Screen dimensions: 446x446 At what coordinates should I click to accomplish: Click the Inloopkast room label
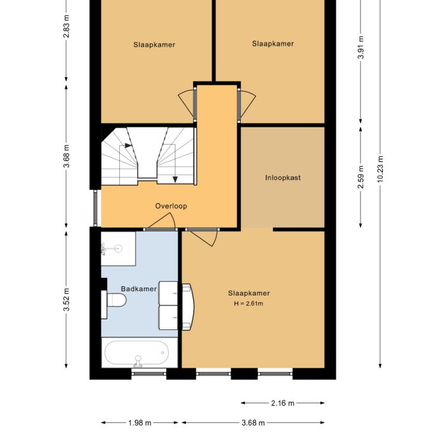pyautogui.click(x=283, y=178)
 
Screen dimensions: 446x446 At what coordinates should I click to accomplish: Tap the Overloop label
pyautogui.click(x=171, y=206)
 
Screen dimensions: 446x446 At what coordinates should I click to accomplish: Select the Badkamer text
pyautogui.click(x=139, y=289)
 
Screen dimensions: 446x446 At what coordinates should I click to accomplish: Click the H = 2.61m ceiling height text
pyautogui.click(x=248, y=303)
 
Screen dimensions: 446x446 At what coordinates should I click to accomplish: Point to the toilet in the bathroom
pyautogui.click(x=114, y=300)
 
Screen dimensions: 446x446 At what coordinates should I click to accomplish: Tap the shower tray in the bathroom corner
pyautogui.click(x=119, y=248)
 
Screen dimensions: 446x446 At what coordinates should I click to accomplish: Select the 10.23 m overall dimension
pyautogui.click(x=380, y=169)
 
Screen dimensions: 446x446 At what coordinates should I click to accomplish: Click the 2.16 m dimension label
pyautogui.click(x=282, y=403)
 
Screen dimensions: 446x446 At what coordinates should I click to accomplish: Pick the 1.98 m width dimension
pyautogui.click(x=140, y=423)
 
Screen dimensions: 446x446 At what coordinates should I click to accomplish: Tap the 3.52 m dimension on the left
pyautogui.click(x=66, y=300)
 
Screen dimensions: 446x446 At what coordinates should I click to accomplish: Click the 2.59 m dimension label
pyautogui.click(x=361, y=177)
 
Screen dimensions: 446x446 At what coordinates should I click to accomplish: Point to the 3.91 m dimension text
pyautogui.click(x=361, y=47)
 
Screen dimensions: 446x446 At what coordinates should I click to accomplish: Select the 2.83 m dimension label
pyautogui.click(x=66, y=26)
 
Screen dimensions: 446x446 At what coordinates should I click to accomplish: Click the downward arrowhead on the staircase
pyautogui.click(x=175, y=180)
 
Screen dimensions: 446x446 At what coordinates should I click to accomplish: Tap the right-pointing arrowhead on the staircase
pyautogui.click(x=129, y=146)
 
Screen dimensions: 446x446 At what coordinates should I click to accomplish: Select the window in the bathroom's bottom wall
pyautogui.click(x=148, y=373)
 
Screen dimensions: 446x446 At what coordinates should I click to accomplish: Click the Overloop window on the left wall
pyautogui.click(x=96, y=208)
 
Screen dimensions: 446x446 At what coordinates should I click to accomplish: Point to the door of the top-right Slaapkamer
pyautogui.click(x=247, y=103)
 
